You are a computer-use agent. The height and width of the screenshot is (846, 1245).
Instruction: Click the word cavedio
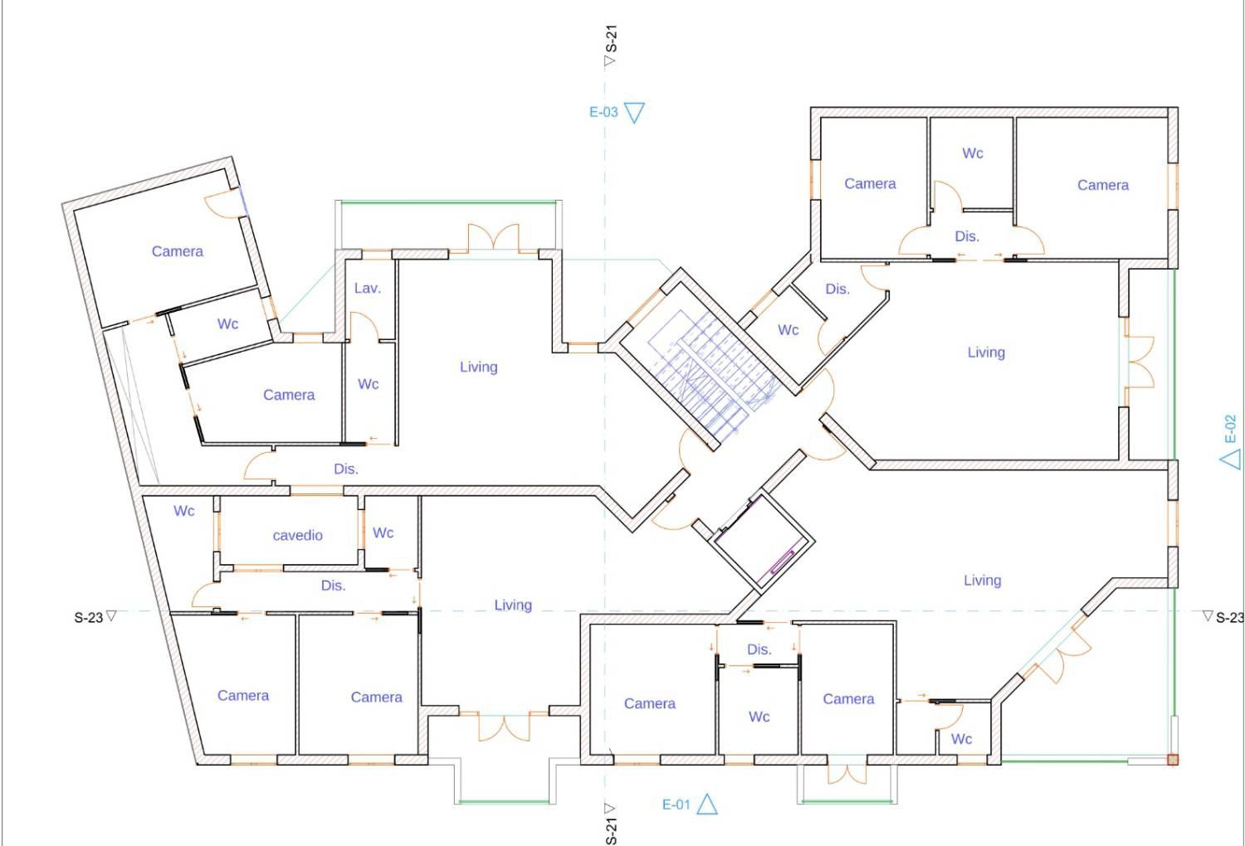click(297, 536)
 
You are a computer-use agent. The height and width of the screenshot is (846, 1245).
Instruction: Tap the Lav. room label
click(368, 289)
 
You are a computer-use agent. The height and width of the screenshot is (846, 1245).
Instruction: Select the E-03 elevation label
click(603, 112)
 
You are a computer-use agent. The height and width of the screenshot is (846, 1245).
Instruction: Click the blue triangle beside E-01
click(707, 805)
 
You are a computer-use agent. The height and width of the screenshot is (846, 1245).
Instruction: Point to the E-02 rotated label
click(1231, 429)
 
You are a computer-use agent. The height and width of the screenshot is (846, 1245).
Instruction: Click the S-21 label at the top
click(611, 38)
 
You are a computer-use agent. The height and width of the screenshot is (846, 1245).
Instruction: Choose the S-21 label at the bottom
click(611, 831)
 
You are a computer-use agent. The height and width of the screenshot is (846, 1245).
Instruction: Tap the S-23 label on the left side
click(88, 618)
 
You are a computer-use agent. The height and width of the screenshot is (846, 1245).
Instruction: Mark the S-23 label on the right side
click(1229, 618)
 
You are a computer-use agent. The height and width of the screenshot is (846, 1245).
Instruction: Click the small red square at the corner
click(1173, 760)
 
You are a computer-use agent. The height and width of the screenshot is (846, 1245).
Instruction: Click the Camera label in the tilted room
click(178, 251)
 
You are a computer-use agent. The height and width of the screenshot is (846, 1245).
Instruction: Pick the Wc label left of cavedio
click(184, 511)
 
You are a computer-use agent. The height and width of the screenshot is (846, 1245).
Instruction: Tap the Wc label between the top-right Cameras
click(973, 153)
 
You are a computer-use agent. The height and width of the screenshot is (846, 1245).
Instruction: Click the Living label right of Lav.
click(479, 367)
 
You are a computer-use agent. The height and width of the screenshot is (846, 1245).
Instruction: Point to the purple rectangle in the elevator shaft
click(781, 562)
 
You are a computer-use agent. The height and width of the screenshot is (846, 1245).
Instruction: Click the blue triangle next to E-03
click(634, 112)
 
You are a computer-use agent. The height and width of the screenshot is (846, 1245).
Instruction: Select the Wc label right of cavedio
click(383, 533)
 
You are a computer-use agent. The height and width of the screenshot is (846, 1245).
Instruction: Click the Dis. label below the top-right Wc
click(967, 236)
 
